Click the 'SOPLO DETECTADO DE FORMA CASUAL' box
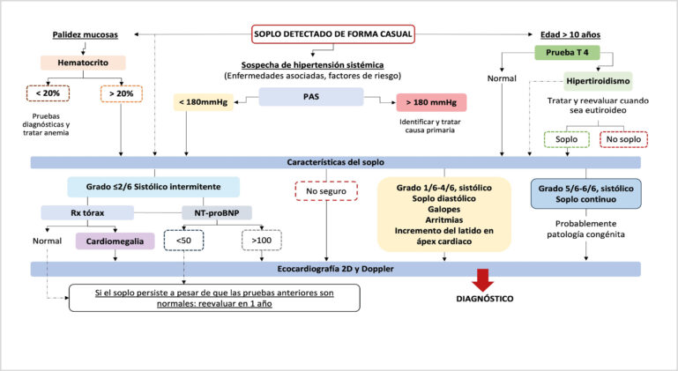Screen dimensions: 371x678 click(333, 34)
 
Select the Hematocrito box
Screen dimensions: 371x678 click(82, 63)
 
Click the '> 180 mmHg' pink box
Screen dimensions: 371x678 click(430, 103)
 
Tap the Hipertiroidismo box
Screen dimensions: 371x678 click(598, 81)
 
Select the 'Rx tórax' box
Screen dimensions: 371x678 click(86, 212)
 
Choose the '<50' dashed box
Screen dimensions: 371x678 click(183, 239)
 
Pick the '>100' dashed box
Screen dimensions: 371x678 click(262, 239)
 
